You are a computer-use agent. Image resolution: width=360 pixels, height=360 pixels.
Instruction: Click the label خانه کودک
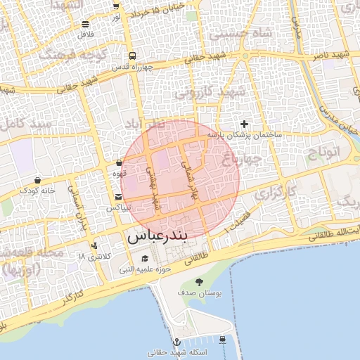pyautogui.click(x=37, y=190)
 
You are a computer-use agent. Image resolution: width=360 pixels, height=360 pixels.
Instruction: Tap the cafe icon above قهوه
pyautogui.click(x=119, y=162)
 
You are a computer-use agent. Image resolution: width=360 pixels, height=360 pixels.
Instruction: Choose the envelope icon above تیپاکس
pyautogui.click(x=117, y=198)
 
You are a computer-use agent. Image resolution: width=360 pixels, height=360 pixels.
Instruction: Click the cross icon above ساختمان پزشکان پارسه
pyautogui.click(x=244, y=124)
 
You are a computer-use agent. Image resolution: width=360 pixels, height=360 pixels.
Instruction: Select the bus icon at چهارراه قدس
pyautogui.click(x=132, y=56)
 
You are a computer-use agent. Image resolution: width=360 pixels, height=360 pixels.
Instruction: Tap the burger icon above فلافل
pyautogui.click(x=85, y=23)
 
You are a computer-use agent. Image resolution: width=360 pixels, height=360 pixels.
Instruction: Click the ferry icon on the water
pyautogui.click(x=222, y=339)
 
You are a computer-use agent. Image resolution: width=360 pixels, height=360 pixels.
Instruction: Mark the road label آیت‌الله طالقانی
pyautogui.click(x=334, y=234)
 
